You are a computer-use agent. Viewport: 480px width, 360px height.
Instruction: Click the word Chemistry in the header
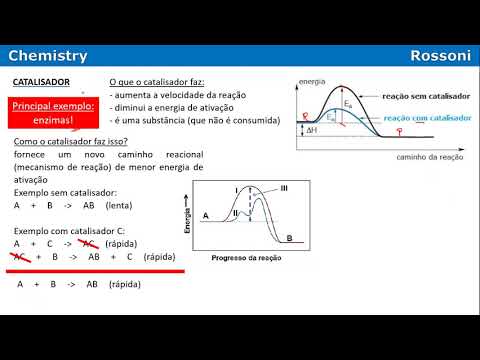click(x=48, y=57)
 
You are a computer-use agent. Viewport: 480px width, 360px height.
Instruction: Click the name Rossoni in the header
click(x=440, y=57)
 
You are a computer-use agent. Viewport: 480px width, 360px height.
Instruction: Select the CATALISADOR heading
click(x=40, y=82)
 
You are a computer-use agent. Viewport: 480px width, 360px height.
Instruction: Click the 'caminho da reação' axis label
click(x=429, y=157)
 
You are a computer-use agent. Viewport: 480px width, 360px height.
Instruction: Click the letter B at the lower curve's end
click(x=289, y=238)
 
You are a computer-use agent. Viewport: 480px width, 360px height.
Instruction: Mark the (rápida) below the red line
click(x=124, y=284)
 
